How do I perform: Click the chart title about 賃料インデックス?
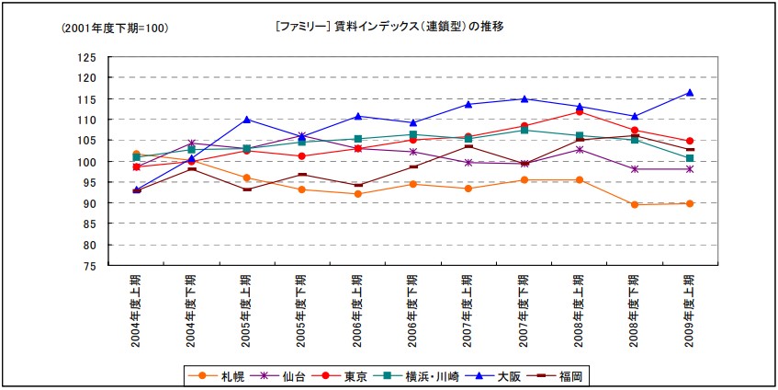389,27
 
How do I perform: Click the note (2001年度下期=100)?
115,29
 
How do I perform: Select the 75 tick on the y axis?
90,267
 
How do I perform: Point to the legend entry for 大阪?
502,375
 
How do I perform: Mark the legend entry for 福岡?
563,375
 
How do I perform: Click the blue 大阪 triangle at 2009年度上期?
689,92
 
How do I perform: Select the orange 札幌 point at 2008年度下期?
634,204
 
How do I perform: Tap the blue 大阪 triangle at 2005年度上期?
246,120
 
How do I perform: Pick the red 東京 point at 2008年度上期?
579,112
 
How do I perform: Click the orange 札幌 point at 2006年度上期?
357,193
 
